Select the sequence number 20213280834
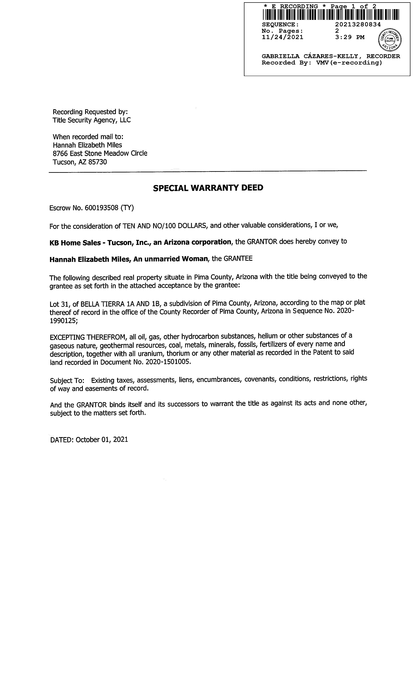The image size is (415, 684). point(358,24)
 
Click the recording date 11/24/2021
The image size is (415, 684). point(282,37)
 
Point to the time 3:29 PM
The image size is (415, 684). point(350,37)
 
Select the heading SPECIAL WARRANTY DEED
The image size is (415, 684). point(208,188)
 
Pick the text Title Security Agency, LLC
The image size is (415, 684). point(91,120)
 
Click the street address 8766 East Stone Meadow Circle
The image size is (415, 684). point(100,154)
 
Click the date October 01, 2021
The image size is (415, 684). point(102,439)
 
